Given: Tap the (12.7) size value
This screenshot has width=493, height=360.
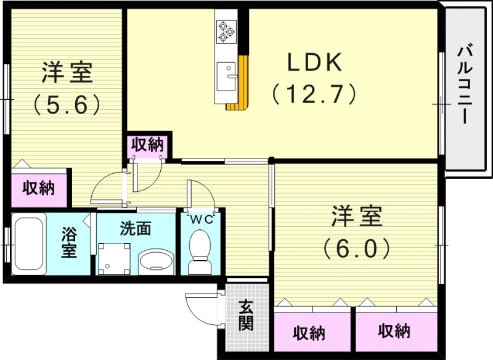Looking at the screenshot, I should pyautogui.click(x=314, y=94).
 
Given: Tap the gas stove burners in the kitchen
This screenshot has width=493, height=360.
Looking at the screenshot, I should pyautogui.click(x=225, y=30).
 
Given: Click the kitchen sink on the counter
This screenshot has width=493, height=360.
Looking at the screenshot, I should pyautogui.click(x=229, y=72).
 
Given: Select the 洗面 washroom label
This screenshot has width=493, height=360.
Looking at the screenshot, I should pyautogui.click(x=135, y=228).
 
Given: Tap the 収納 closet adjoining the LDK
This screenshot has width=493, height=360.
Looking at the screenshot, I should pyautogui.click(x=147, y=145).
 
